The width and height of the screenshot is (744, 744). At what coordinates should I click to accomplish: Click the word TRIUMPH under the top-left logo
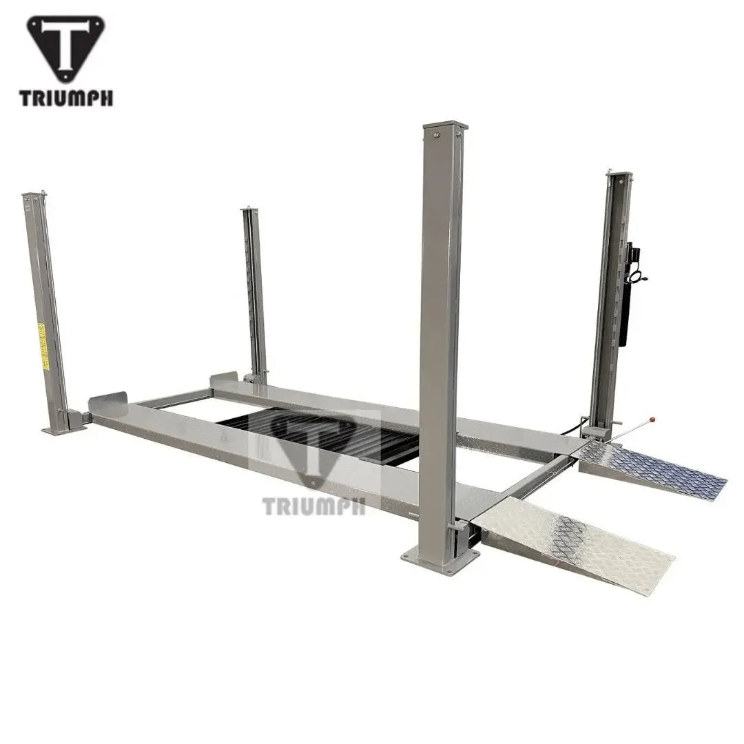tap(66, 99)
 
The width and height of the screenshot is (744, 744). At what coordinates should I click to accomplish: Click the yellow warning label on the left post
tap(42, 347)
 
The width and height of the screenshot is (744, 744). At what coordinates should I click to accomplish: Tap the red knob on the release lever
tap(652, 418)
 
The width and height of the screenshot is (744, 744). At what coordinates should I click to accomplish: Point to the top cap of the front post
tap(444, 126)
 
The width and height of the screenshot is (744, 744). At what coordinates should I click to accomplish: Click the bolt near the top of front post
tap(436, 137)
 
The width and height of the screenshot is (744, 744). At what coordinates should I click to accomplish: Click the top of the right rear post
tap(619, 175)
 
